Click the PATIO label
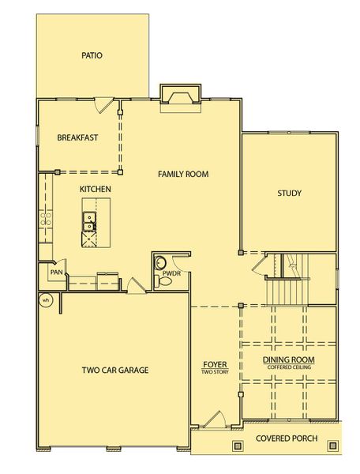click(x=92, y=55)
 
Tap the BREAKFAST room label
click(x=77, y=137)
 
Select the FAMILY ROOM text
click(x=183, y=174)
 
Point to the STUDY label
click(x=290, y=194)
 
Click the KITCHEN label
click(x=95, y=190)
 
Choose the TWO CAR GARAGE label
click(x=115, y=370)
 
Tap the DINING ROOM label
click(x=289, y=360)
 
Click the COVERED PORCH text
click(x=286, y=438)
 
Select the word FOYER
click(x=215, y=364)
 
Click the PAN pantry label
click(x=57, y=273)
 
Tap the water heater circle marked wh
click(x=46, y=299)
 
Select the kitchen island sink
click(x=90, y=223)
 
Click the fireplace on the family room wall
click(x=181, y=96)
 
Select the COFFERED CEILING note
click(x=289, y=367)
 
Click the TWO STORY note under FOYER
click(x=215, y=371)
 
